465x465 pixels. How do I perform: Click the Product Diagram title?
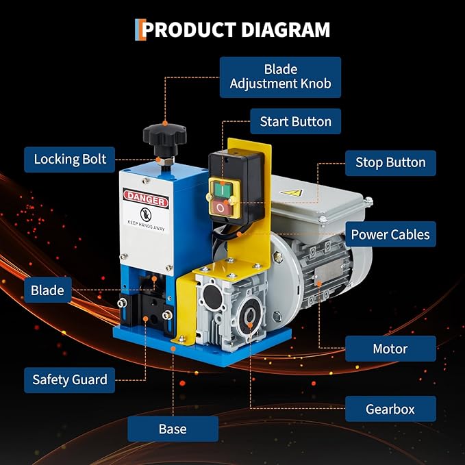click(232, 30)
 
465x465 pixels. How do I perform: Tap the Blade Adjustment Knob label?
click(280, 77)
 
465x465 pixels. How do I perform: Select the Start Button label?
click(295, 122)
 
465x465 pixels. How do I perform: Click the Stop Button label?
click(390, 163)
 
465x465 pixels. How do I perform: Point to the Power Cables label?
click(390, 234)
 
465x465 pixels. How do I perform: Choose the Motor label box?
click(390, 349)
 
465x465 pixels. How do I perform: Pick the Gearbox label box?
click(390, 409)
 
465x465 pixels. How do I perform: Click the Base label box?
click(173, 429)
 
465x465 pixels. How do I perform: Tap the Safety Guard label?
click(70, 379)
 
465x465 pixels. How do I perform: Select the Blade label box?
click(47, 290)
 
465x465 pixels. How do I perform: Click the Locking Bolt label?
click(70, 160)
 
